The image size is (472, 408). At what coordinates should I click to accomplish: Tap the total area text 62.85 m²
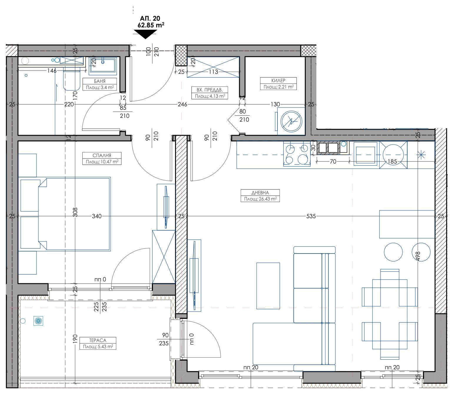click(x=151, y=25)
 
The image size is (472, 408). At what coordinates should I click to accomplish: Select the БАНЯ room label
click(x=100, y=81)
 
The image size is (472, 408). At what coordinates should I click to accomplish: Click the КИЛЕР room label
click(x=278, y=80)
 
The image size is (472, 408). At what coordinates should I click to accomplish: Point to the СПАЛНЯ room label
click(x=102, y=155)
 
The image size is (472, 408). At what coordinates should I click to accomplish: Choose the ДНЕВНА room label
click(x=260, y=193)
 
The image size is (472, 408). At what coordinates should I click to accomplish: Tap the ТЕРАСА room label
click(x=98, y=340)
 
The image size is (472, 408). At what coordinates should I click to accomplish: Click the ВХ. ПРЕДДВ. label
click(x=209, y=90)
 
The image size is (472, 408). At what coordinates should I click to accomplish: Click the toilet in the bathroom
click(x=72, y=79)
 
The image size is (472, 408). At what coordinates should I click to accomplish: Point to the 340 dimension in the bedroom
click(x=97, y=216)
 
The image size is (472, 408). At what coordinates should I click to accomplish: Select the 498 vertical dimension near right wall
click(x=418, y=256)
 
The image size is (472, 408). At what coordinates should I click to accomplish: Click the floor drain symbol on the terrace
click(x=39, y=321)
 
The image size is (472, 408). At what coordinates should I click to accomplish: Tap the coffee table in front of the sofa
click(x=268, y=286)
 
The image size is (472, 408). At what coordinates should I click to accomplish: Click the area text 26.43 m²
click(x=260, y=199)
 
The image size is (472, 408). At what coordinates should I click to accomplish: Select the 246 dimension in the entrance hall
click(x=182, y=104)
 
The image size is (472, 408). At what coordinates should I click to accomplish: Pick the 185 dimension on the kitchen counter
click(x=393, y=161)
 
